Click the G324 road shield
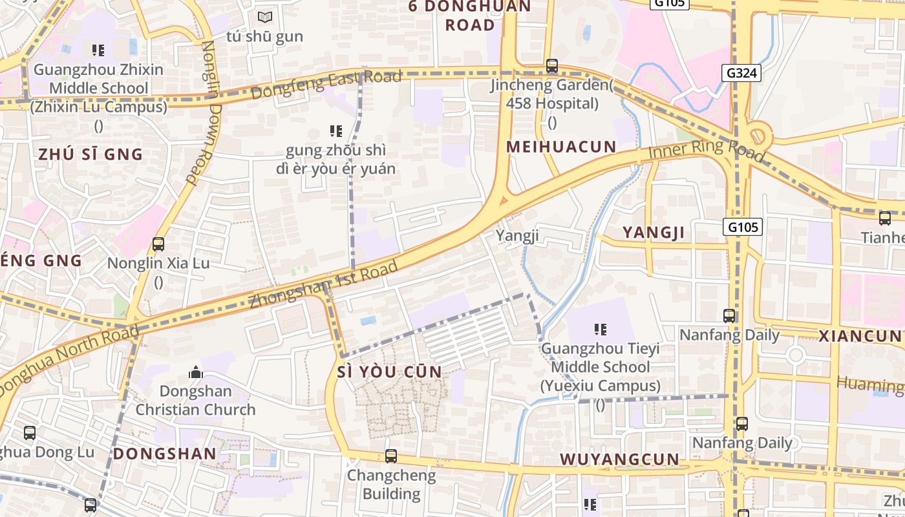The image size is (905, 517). tap(741, 73)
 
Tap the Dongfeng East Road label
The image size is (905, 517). tap(326, 85)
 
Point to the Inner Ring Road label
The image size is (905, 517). tap(707, 151)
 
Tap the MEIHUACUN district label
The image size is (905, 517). tap(561, 147)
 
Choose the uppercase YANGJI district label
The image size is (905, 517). tap(653, 233)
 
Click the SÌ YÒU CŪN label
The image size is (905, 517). tap(390, 372)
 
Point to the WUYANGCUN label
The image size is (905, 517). tap(619, 459)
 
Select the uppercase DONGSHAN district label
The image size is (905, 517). tap(165, 454)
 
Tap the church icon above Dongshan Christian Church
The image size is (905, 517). tap(195, 372)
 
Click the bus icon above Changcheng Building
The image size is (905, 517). tap(391, 456)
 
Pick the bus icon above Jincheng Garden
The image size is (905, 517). tap(551, 66)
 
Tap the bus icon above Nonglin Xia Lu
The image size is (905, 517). tap(158, 244)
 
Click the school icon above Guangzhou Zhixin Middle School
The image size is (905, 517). tap(98, 50)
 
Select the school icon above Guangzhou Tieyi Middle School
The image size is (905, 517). tap(601, 330)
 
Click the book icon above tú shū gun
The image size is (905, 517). tap(264, 17)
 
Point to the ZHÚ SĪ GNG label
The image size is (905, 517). tap(90, 154)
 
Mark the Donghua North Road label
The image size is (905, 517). tap(68, 362)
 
